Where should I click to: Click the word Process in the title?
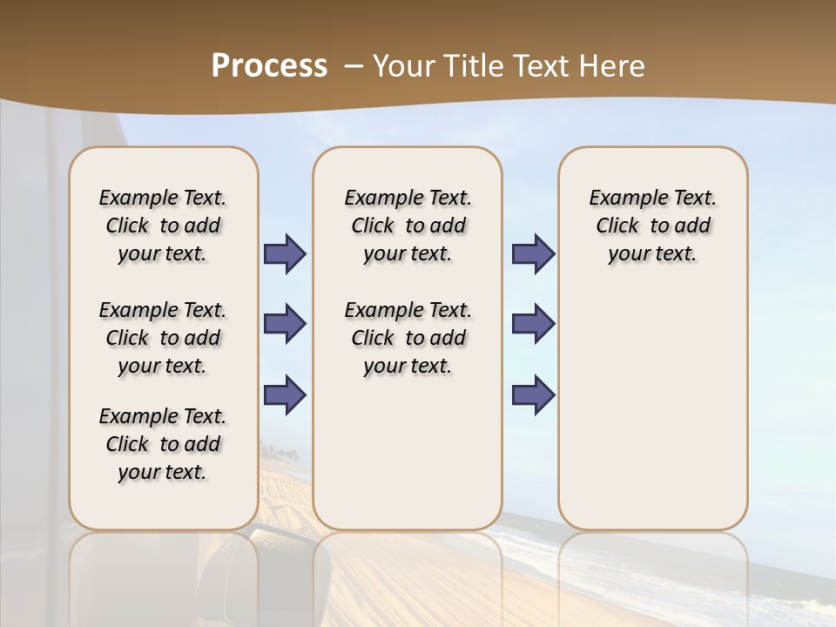point(269,66)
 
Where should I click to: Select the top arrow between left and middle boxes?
point(285,253)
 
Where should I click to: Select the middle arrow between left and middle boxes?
point(285,324)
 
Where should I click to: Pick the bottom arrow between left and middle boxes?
point(285,394)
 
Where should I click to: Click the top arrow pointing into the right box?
point(533,253)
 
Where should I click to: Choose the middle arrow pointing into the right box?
point(533,324)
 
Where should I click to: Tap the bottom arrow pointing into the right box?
point(533,394)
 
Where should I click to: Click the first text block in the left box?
point(163,226)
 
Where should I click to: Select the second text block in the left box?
point(163,338)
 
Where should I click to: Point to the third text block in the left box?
point(163,444)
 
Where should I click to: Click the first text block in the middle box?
point(408,226)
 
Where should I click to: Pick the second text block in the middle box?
point(408,338)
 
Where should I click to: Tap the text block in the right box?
point(652,226)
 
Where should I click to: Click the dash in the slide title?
point(354,66)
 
